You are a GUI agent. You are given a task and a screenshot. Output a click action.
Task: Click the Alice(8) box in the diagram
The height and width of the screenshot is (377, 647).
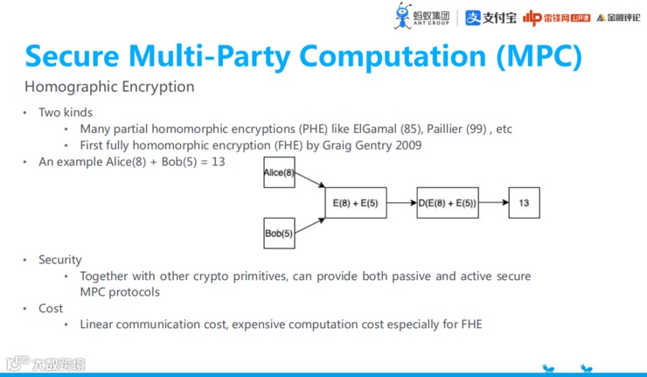coord(279,173)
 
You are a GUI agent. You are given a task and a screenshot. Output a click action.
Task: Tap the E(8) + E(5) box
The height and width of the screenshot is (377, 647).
coord(355,203)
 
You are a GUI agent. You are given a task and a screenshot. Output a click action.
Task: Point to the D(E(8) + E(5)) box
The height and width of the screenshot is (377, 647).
coord(448,203)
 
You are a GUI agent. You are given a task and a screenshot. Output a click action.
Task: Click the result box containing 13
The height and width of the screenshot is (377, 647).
coord(523,203)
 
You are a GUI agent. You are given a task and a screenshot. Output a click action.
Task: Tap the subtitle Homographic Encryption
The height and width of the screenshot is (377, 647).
coord(109,87)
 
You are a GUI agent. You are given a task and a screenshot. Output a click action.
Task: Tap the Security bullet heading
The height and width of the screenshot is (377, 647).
coord(59,260)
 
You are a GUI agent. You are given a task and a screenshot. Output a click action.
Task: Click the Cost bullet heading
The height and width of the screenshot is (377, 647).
coord(51,308)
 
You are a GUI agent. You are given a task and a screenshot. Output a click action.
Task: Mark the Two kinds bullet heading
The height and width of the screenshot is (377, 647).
coord(65,113)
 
